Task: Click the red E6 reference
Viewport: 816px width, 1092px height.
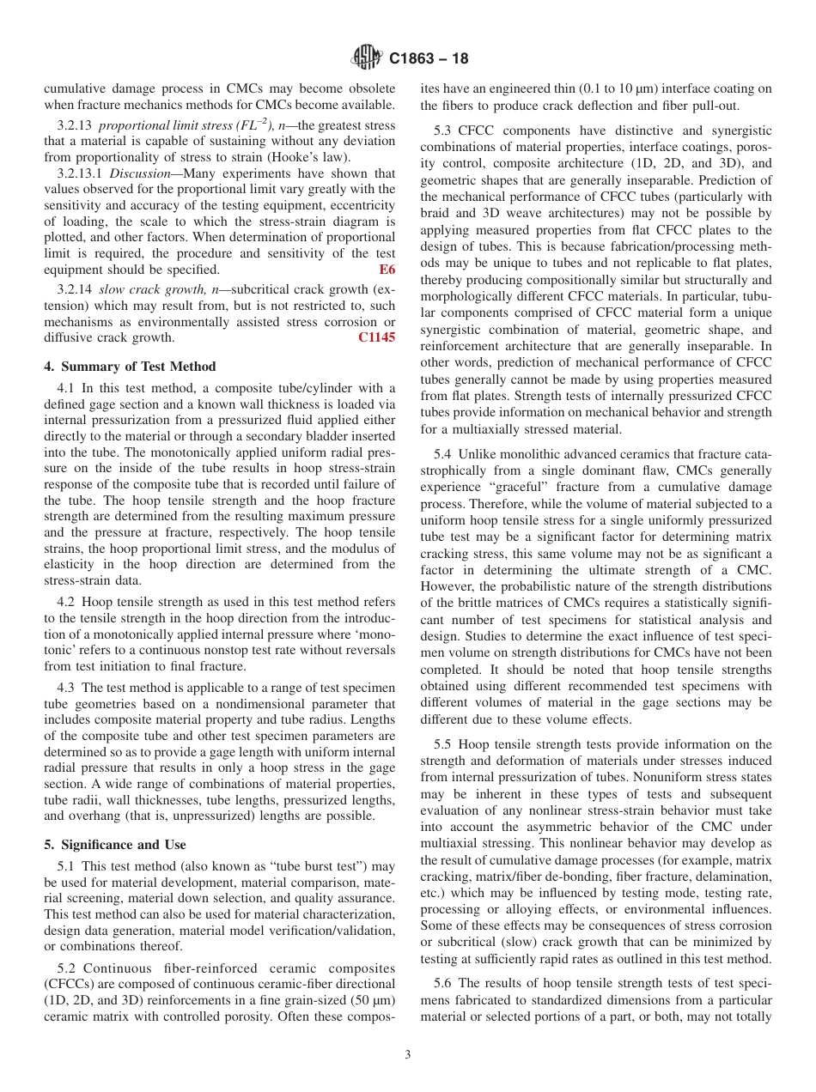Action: click(387, 270)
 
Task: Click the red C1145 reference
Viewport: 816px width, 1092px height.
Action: click(376, 337)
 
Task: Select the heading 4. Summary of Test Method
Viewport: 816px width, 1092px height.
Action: click(130, 367)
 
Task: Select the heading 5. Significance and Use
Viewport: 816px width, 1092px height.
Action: click(114, 844)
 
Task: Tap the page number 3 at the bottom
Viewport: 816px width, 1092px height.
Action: click(407, 1055)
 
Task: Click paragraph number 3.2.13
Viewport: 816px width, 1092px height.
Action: click(76, 126)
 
